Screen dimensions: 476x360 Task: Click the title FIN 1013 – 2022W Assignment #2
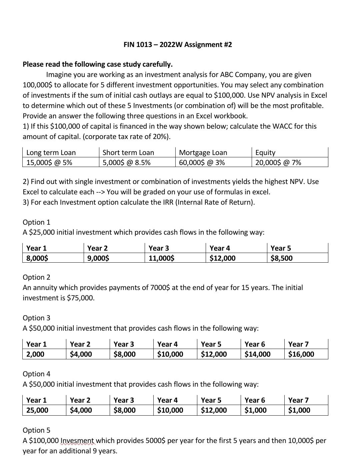[x=177, y=44]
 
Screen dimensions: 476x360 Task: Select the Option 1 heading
[x=36, y=222]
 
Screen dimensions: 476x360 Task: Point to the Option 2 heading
[x=36, y=277]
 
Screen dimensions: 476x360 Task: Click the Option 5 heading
[x=36, y=430]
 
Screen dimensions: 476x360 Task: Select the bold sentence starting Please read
[x=98, y=64]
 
